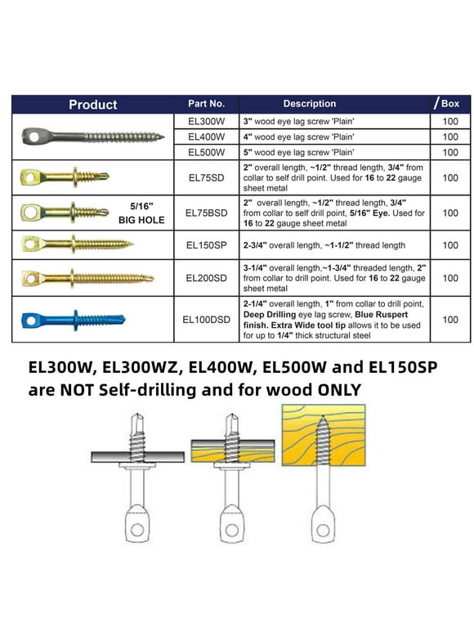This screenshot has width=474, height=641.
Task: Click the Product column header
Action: [92, 105]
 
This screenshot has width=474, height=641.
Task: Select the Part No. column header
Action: [206, 104]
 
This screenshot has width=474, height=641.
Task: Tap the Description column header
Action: [309, 104]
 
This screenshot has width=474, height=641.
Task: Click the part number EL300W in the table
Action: [206, 120]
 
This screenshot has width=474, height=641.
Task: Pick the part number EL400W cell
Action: [206, 137]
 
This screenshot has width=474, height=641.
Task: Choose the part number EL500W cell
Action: [206, 152]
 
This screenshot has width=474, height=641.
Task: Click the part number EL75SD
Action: [206, 177]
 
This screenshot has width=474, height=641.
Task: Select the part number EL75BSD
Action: [206, 213]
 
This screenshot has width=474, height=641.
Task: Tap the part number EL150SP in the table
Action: [206, 244]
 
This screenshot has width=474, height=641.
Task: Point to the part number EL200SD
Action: [206, 277]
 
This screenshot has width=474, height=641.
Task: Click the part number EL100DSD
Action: [206, 320]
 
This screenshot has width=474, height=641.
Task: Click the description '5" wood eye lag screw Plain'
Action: [299, 152]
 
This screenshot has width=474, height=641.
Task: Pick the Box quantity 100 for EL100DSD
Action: [449, 320]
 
